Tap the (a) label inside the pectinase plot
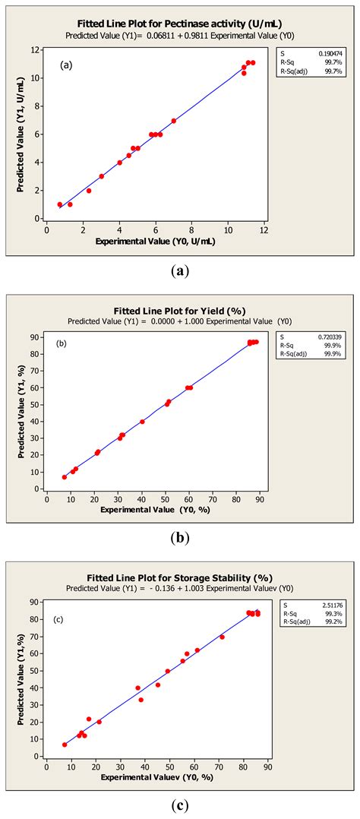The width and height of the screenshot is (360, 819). point(67,65)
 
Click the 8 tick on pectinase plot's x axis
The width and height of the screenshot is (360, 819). point(191,229)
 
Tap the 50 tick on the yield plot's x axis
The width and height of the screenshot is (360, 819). point(166,499)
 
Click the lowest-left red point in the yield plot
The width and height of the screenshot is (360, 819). point(65,477)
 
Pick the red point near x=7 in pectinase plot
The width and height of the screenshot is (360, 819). point(174,121)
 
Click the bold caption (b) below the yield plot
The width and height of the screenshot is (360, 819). point(179,539)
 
